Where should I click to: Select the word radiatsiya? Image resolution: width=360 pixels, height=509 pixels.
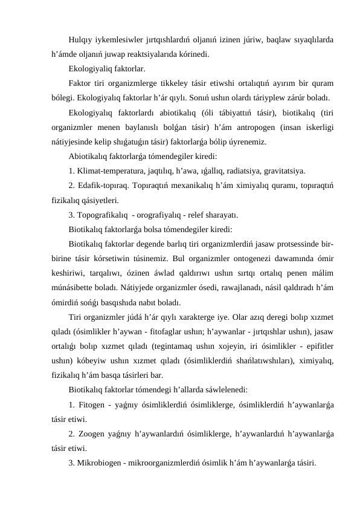point(237,171)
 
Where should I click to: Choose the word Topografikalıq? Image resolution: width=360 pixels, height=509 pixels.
point(103,215)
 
